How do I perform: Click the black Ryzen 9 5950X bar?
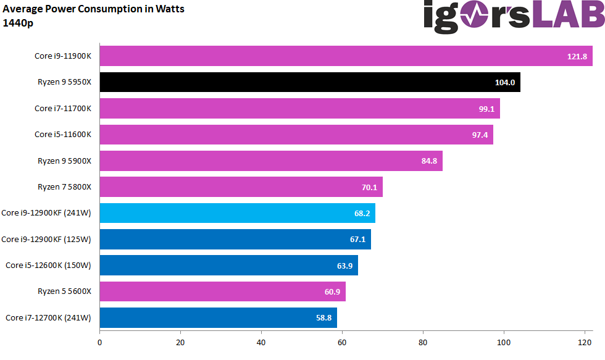click(309, 82)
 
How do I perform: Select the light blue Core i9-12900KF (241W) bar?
click(237, 213)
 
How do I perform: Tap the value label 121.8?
click(577, 56)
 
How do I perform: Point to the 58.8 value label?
click(321, 318)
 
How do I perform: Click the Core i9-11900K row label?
click(62, 56)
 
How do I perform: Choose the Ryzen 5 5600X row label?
click(64, 291)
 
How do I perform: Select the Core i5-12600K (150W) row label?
click(48, 266)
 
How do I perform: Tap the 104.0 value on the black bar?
click(506, 83)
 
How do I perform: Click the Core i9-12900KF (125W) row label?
click(46, 239)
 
